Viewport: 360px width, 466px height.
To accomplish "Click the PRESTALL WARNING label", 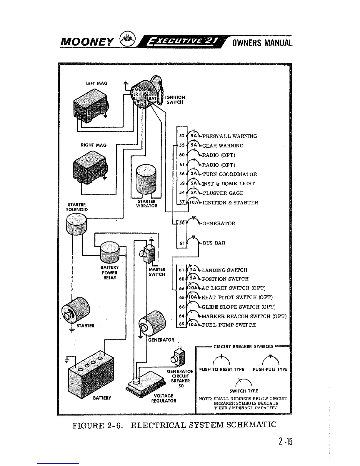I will coord(229,136).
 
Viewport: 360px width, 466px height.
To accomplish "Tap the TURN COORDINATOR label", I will coord(229,174).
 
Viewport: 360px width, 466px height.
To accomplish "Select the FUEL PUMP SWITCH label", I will coord(229,325).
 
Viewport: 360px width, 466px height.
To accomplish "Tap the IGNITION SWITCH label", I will coord(175,100).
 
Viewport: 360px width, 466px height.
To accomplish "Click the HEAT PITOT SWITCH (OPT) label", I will coord(237,297).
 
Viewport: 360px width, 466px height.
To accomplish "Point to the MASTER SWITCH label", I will coord(157,272).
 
